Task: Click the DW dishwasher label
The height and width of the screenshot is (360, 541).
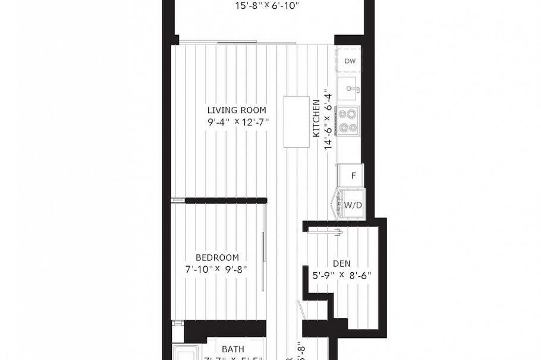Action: click(350, 61)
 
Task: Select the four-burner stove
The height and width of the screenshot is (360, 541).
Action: click(348, 120)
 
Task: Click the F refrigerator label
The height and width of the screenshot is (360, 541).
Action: click(353, 176)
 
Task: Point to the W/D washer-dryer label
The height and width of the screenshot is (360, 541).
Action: click(353, 205)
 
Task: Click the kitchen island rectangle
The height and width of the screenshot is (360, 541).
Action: click(295, 122)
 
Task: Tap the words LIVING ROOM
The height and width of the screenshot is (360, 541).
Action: click(237, 110)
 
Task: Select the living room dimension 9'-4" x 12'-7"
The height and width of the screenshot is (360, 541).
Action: click(237, 122)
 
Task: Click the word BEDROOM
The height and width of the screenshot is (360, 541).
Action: click(218, 257)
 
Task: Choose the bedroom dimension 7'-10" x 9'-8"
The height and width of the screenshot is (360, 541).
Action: click(216, 269)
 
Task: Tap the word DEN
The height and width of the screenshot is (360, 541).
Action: click(341, 263)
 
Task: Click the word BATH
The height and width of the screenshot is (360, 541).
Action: click(233, 349)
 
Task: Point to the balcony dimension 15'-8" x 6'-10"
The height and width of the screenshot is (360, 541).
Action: click(268, 6)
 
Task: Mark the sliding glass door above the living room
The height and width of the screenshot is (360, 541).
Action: click(238, 43)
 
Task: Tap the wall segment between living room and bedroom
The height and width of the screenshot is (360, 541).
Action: click(225, 201)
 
